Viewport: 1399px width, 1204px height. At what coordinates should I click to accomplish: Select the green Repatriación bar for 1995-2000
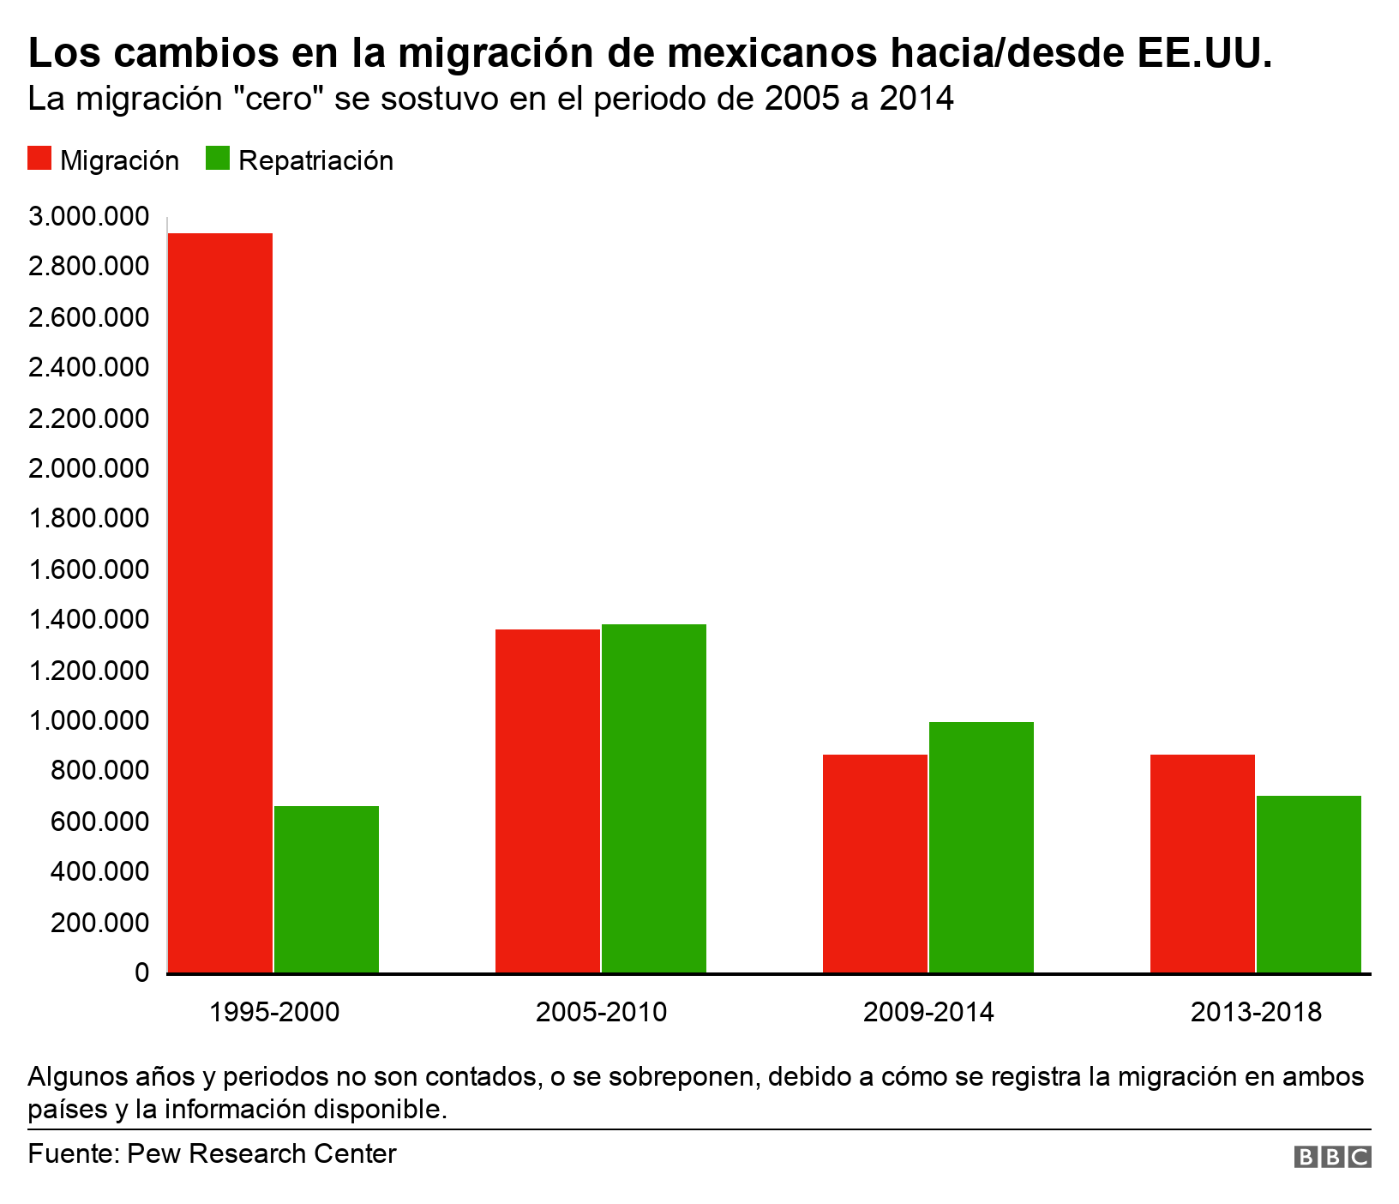327,889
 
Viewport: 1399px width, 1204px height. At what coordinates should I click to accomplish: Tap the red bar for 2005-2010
548,801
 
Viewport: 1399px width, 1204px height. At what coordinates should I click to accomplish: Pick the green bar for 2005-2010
654,798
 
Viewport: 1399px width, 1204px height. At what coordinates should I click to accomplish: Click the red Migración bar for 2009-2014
875,864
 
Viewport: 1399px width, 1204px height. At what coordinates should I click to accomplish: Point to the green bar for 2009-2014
982,847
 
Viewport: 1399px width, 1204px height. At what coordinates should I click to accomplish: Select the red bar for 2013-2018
1202,864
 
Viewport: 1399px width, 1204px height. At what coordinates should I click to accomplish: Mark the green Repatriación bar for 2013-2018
1309,884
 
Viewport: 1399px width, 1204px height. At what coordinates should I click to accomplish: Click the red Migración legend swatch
39,160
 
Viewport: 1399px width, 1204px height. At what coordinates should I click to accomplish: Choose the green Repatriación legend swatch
218,160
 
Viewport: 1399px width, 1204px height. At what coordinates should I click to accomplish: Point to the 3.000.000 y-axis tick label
88,216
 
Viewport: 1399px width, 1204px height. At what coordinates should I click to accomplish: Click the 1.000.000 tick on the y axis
88,720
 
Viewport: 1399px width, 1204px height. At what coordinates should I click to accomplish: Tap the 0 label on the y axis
141,973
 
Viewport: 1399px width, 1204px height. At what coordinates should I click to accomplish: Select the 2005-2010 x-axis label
601,1013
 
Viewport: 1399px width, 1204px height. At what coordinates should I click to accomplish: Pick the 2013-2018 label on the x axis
1256,1013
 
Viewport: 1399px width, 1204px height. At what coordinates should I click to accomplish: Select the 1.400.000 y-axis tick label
88,620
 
